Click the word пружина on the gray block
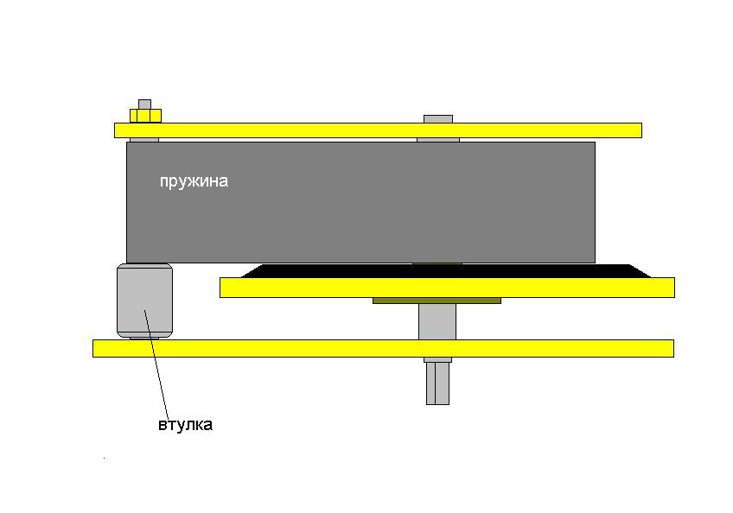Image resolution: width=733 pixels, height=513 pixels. point(194,181)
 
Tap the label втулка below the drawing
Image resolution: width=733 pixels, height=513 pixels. point(185,425)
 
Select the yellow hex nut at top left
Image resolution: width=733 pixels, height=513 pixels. point(145,115)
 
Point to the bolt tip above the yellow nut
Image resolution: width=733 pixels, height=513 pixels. point(144,104)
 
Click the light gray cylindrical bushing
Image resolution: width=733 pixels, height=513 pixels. point(144,301)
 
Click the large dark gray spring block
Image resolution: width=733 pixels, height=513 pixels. point(363,207)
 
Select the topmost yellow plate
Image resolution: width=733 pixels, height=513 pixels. point(378,130)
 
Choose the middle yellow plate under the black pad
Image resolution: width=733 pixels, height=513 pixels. point(447,288)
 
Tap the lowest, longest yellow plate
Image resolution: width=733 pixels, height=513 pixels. point(383,348)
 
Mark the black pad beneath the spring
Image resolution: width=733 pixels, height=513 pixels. point(445,271)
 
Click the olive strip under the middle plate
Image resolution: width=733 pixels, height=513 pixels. point(437,301)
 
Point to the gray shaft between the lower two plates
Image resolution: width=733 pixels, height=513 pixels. point(437,321)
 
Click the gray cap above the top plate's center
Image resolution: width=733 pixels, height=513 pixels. point(437,118)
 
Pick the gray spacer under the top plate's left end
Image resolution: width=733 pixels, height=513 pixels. point(144,140)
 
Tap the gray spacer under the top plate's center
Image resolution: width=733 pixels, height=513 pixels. point(437,140)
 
